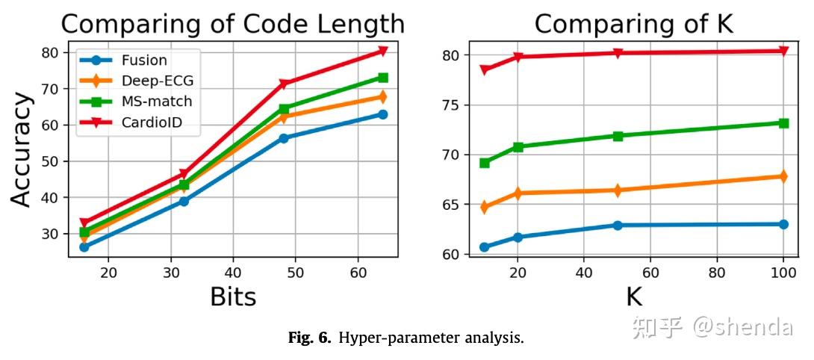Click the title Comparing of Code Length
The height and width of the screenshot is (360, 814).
(232, 24)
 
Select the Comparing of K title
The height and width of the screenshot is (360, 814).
(633, 24)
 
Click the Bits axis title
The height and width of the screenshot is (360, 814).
(232, 297)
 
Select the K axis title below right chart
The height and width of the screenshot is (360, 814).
(633, 297)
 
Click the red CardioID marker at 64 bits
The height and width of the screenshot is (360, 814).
(383, 51)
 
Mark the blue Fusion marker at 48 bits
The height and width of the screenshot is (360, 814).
(284, 138)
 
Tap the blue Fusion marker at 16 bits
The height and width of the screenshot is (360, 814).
(84, 246)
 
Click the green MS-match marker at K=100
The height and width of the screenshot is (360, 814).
(783, 123)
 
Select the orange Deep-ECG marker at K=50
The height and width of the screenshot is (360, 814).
(618, 190)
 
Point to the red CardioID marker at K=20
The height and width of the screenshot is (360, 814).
(518, 57)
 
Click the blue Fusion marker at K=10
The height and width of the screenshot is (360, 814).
(485, 246)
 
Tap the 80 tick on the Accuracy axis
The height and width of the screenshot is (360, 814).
(51, 52)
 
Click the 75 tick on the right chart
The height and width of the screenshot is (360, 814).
(451, 105)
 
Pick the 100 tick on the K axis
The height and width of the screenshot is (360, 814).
(783, 273)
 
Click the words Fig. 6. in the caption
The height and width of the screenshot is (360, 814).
(309, 338)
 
